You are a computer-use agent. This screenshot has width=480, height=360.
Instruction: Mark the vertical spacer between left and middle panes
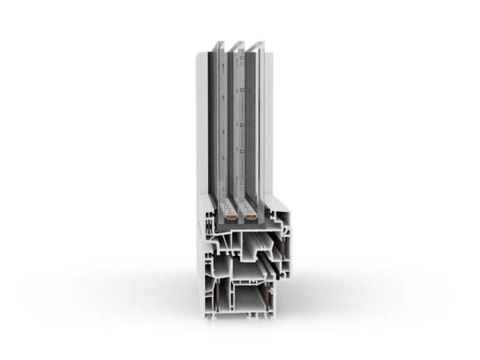[x=229, y=125]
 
